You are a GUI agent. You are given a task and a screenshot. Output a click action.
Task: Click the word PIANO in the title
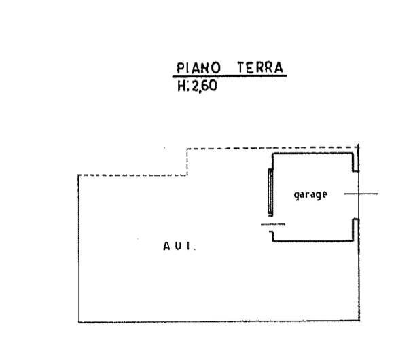[x=198, y=68]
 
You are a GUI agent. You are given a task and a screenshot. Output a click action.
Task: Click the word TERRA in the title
[x=260, y=67]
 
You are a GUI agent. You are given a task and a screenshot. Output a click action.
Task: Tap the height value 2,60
[x=204, y=86]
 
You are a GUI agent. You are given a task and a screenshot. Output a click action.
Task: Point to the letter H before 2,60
[x=181, y=86]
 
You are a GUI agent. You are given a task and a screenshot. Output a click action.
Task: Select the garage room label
[x=310, y=195]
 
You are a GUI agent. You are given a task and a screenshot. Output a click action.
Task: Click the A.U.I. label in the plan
[x=179, y=246]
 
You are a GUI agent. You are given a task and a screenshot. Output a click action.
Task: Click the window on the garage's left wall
[x=270, y=192]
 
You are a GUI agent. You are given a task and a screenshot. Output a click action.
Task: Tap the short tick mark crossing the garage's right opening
[x=361, y=194]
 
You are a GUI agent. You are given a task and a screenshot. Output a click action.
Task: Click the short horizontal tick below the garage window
[x=273, y=224]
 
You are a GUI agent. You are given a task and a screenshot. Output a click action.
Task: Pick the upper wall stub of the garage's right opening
[x=355, y=162]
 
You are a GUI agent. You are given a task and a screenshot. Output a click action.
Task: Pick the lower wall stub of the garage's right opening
[x=355, y=230]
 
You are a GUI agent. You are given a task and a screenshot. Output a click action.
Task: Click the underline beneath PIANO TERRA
[x=230, y=76]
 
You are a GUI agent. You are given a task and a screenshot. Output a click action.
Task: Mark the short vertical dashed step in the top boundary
[x=187, y=162]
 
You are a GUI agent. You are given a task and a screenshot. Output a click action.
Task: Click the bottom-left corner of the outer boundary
[x=79, y=322]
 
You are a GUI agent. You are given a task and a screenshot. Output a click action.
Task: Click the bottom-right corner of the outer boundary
[x=359, y=321]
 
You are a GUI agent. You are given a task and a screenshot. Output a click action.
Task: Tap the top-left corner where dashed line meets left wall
[x=79, y=175]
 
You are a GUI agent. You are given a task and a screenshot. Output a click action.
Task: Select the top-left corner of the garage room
[x=273, y=154]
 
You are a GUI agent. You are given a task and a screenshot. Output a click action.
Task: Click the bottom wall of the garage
[x=313, y=241]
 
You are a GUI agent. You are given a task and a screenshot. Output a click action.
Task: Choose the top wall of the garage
[x=312, y=154]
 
